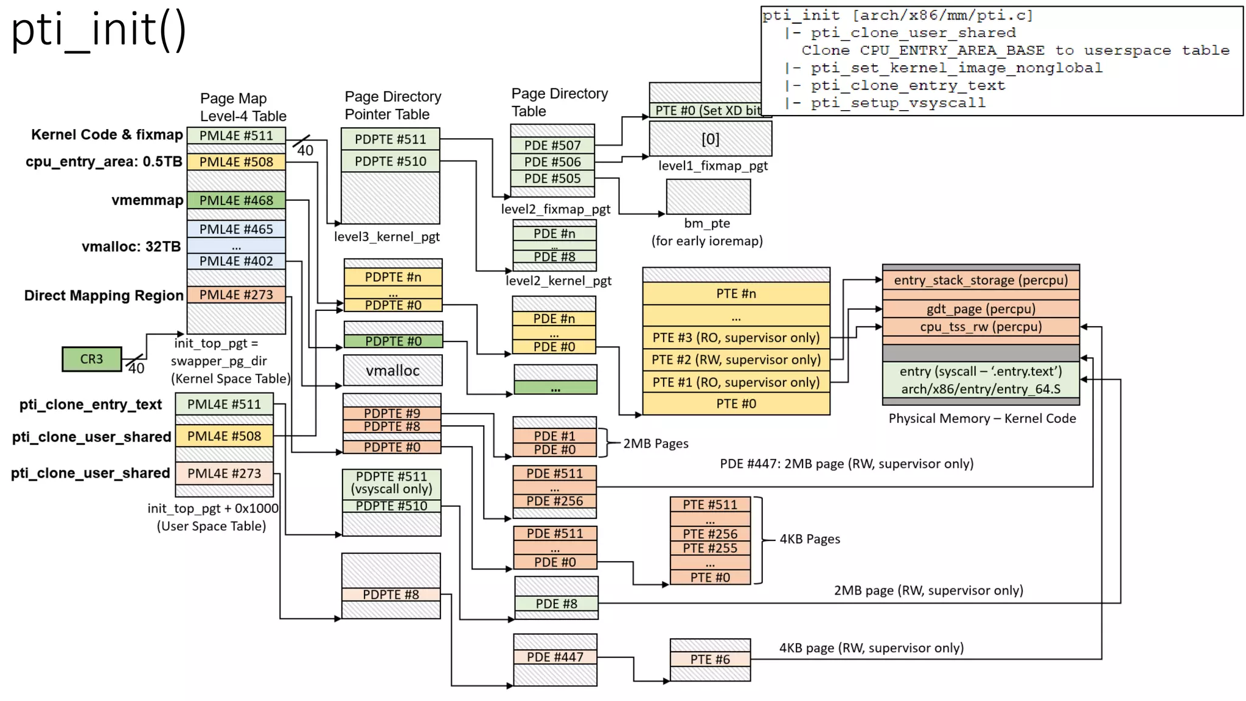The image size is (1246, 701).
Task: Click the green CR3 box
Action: pyautogui.click(x=92, y=359)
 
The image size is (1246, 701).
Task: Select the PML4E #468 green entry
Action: pyautogui.click(x=236, y=200)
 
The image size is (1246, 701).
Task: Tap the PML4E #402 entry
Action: pyautogui.click(x=236, y=261)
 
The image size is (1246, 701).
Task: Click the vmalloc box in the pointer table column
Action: pyautogui.click(x=392, y=371)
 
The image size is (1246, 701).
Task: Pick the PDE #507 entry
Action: pyautogui.click(x=552, y=145)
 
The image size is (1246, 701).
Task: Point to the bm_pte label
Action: pyautogui.click(x=707, y=223)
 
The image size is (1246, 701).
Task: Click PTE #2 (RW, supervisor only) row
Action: pyautogui.click(x=736, y=360)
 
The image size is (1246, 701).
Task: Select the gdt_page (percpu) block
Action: pyautogui.click(x=981, y=309)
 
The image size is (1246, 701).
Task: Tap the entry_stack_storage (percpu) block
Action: pyautogui.click(x=981, y=280)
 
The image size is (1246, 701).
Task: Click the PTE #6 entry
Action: pyautogui.click(x=710, y=659)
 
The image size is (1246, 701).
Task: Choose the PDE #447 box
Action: pyautogui.click(x=555, y=657)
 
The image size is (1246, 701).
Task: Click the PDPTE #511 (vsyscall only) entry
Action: pyautogui.click(x=391, y=483)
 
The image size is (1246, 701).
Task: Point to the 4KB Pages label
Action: pyautogui.click(x=810, y=539)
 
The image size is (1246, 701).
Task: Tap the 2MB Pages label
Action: pyautogui.click(x=656, y=444)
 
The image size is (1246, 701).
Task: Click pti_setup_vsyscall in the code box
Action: pyautogui.click(x=897, y=103)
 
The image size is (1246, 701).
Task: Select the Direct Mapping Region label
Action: pyautogui.click(x=103, y=296)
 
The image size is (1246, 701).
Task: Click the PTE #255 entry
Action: pyautogui.click(x=710, y=548)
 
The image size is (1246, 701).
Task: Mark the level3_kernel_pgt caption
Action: pyautogui.click(x=387, y=237)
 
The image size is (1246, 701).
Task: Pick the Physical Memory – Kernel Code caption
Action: pyautogui.click(x=982, y=419)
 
